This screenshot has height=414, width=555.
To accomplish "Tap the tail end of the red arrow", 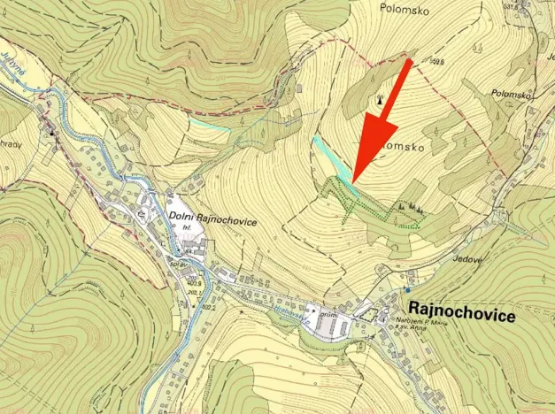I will click(x=408, y=62).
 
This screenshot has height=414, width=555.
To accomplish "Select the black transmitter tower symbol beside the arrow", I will click(x=381, y=99).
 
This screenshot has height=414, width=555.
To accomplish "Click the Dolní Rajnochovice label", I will click(x=212, y=221).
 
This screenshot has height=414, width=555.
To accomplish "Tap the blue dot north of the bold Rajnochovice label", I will click(x=407, y=289).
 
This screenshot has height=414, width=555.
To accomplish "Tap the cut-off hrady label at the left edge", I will click(x=9, y=145).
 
